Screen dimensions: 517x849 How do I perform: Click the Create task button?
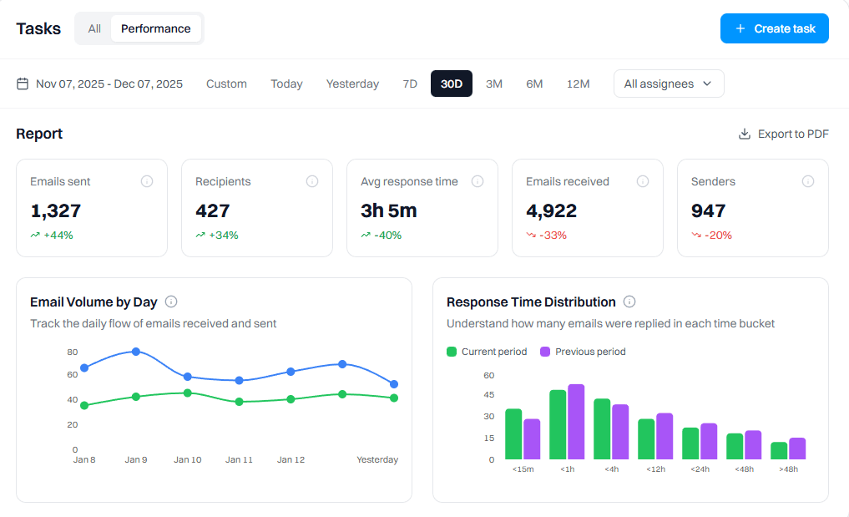(775, 28)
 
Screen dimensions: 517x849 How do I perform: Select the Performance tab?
(155, 28)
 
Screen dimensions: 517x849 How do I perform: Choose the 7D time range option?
(409, 84)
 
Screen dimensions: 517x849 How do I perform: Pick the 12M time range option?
(578, 84)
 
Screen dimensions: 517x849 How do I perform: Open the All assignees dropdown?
(668, 84)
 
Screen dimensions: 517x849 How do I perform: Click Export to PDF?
(783, 134)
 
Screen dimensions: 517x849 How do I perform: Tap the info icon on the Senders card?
(808, 181)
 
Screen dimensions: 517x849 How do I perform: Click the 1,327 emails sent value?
(55, 210)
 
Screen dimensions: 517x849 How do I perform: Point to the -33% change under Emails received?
(553, 236)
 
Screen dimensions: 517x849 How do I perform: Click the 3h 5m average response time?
(388, 210)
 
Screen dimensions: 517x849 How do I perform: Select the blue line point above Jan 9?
(136, 352)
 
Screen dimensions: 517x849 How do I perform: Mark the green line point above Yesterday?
(394, 398)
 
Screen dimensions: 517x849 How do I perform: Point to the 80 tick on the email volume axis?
(73, 352)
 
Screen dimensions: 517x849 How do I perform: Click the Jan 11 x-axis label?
(239, 460)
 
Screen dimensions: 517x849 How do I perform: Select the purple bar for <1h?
(576, 422)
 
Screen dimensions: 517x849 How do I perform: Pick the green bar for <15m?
(513, 434)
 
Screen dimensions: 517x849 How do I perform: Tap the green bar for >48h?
(779, 451)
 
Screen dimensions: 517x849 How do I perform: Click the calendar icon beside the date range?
(23, 84)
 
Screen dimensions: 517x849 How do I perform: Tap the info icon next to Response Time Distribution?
(629, 302)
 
